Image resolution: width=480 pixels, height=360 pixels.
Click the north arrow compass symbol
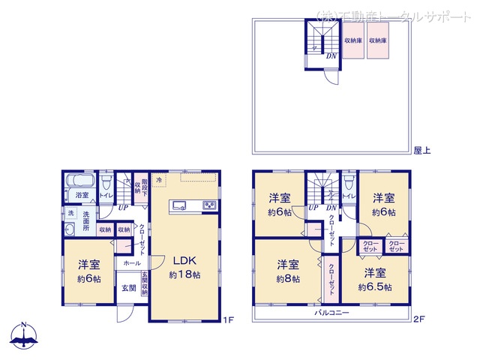point(24,335)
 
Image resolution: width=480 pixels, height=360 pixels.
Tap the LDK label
point(184,261)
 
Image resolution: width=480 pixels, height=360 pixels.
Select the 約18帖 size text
point(184,275)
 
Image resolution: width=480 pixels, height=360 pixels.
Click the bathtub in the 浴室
point(79,181)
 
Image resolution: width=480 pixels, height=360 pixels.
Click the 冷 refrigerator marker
point(159,180)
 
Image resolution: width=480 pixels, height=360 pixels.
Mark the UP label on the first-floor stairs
point(121,207)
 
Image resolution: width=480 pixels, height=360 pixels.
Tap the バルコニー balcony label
point(331,312)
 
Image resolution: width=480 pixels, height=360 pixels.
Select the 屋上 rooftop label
point(421,151)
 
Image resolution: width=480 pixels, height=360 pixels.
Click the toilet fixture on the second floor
point(348,182)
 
